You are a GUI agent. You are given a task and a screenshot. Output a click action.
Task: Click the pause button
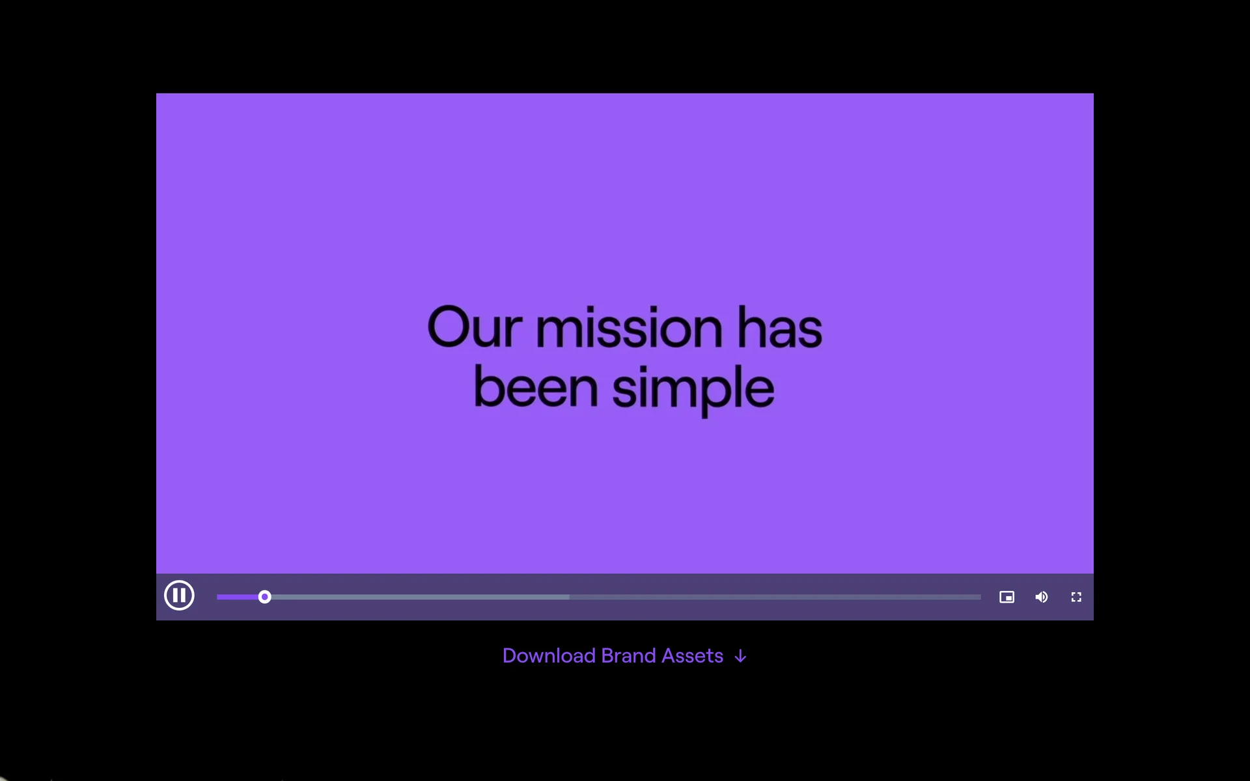[x=179, y=596]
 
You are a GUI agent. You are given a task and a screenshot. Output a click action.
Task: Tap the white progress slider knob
[x=264, y=597]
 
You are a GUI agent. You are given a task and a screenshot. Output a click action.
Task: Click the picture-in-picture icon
[x=1007, y=597]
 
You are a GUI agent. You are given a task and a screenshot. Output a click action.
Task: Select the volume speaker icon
[x=1042, y=597]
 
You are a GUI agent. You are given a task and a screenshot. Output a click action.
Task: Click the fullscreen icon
[x=1076, y=597]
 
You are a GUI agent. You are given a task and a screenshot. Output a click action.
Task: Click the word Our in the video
[x=475, y=327]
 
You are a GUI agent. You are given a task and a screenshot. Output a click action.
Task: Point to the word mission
[x=629, y=327]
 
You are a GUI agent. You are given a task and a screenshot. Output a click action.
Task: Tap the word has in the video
[x=779, y=327]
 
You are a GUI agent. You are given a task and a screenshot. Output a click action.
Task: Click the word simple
[x=693, y=389]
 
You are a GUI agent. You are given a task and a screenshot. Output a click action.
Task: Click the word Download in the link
[x=549, y=655]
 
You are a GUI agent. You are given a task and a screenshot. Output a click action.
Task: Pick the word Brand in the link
[x=629, y=655]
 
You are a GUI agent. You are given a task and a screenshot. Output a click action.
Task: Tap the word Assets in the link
[x=693, y=655]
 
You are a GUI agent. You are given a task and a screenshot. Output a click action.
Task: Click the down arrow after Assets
[x=740, y=657]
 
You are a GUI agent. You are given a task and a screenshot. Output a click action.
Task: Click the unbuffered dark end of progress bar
[x=775, y=597]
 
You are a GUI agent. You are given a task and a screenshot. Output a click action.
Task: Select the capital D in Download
[x=510, y=655]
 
